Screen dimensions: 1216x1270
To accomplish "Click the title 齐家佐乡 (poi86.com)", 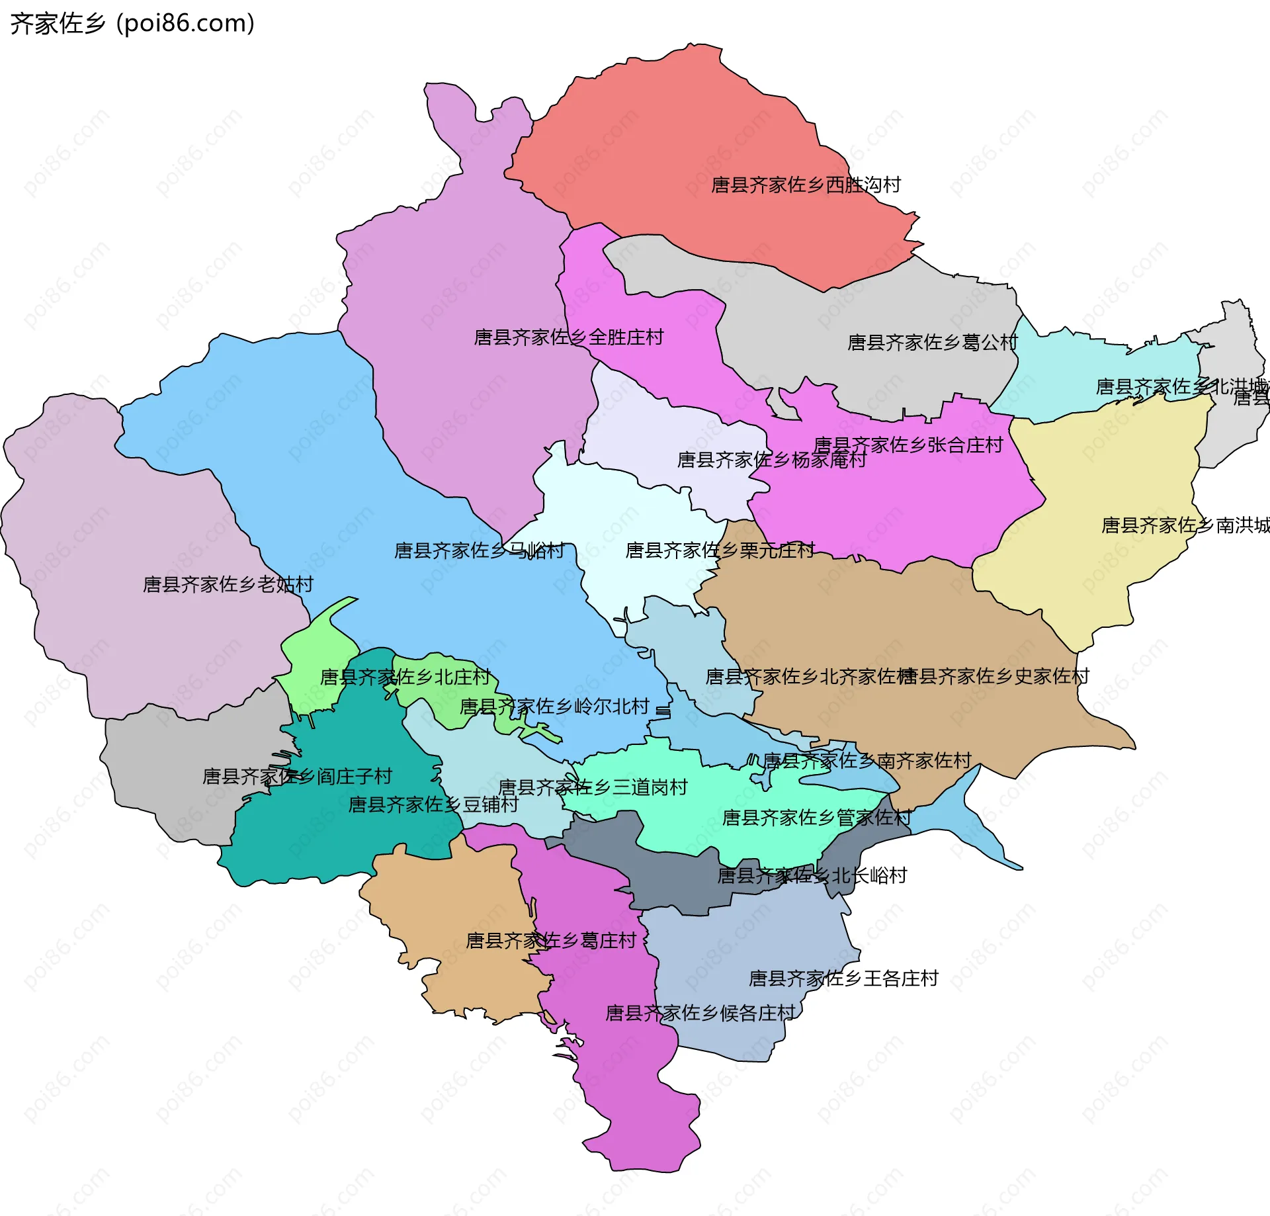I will (132, 24).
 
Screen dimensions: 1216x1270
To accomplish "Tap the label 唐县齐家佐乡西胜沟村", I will (806, 185).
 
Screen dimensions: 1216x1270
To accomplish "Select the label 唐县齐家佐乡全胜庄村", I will (569, 338).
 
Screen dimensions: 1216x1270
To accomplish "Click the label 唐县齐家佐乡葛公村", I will (933, 343).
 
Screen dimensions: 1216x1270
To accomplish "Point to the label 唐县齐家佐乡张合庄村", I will (908, 445).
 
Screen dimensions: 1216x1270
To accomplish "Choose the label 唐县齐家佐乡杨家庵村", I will (771, 460).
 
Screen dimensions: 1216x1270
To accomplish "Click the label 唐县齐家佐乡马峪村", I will (480, 551).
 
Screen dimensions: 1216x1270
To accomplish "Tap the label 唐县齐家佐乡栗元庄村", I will (720, 550).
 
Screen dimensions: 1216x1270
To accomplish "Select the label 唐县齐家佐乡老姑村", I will (228, 585).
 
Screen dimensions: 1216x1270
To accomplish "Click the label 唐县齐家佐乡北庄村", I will (405, 677).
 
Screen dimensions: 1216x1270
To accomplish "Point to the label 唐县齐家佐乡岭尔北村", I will (554, 707).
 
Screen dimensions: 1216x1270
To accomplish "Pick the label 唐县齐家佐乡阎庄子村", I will (297, 777).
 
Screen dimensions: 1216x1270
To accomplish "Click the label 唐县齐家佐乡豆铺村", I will (433, 805).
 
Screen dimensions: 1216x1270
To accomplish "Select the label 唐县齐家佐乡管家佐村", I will (816, 818).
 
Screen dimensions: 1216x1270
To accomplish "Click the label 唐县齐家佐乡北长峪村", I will (812, 877).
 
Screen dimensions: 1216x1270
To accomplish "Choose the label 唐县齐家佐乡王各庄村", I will (843, 978).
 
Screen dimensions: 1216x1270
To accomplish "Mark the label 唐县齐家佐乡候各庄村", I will (700, 1014).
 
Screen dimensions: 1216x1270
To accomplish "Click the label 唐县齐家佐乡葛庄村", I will (551, 941).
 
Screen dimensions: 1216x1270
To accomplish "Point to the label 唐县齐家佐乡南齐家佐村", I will (867, 761).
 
